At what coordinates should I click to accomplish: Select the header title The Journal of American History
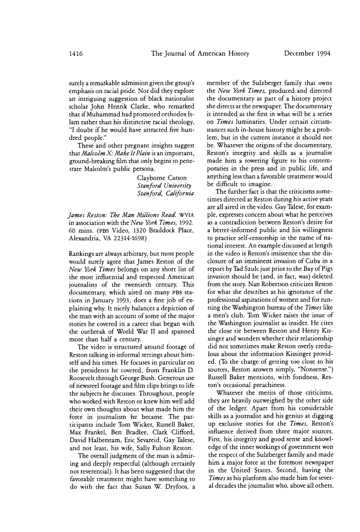pos(200,53)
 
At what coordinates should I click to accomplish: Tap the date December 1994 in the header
pos(307,53)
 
